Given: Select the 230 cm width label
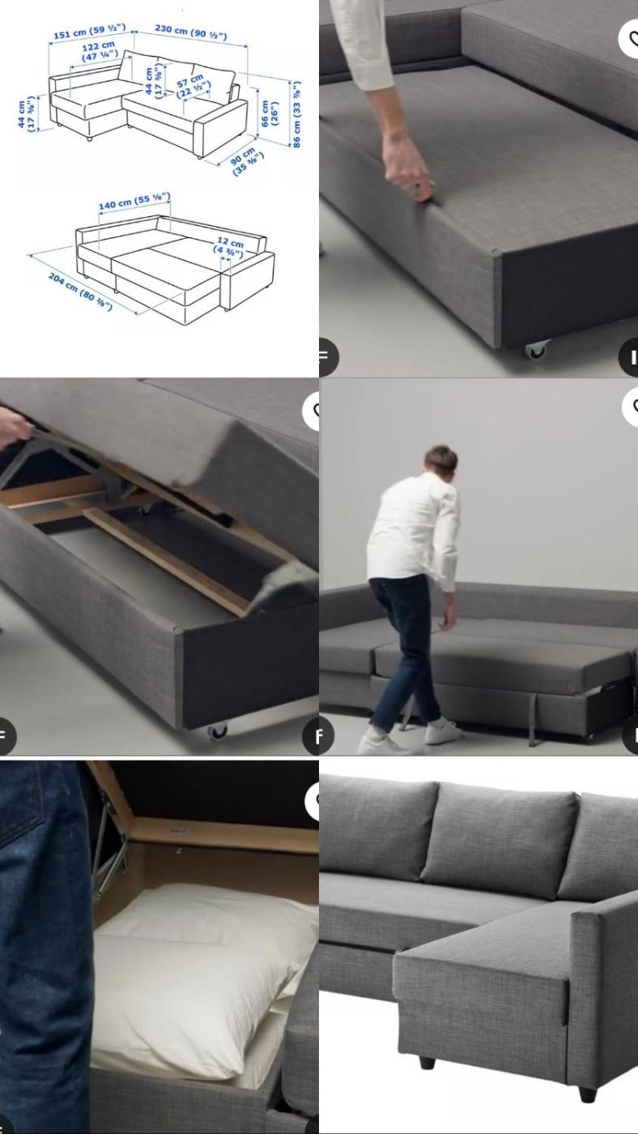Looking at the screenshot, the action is click(x=191, y=31).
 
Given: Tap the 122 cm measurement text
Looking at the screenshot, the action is click(x=100, y=51).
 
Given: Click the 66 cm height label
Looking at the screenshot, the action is click(x=270, y=113).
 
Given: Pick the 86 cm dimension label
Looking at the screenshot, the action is click(x=296, y=114).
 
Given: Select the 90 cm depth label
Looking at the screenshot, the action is click(x=246, y=161).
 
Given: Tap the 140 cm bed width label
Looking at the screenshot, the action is click(x=134, y=201).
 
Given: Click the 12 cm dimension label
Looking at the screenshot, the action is click(x=229, y=245).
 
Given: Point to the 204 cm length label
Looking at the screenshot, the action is click(x=80, y=291).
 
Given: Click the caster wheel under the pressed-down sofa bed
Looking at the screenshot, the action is click(x=537, y=349).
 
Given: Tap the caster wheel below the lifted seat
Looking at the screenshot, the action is click(x=218, y=731).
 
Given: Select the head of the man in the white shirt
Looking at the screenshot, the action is click(x=440, y=462).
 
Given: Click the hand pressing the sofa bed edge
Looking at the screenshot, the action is click(x=409, y=167).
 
